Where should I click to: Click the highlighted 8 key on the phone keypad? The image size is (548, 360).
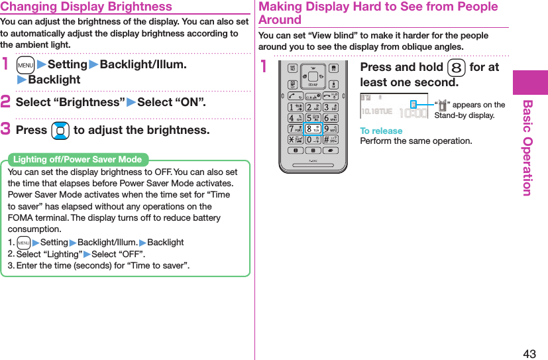313,129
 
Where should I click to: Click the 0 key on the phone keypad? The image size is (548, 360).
313,141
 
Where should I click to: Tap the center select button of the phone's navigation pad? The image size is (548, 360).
313,76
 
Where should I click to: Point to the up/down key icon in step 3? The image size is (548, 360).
60,131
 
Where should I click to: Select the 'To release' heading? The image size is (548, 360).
381,131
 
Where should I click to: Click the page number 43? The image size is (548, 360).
529,353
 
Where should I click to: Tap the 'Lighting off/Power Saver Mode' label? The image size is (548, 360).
78,159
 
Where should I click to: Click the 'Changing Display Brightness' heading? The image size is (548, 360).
87,7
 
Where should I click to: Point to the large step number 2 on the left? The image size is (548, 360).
7,103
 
